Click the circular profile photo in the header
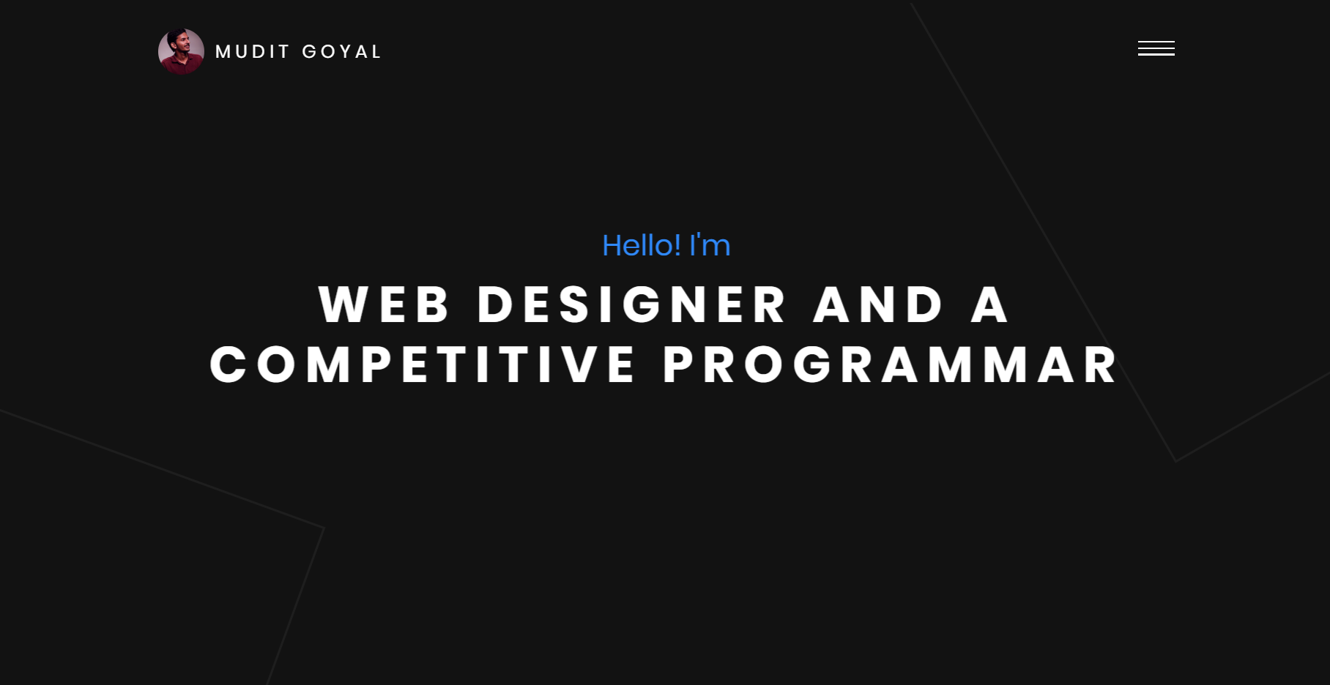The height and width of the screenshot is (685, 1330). click(181, 51)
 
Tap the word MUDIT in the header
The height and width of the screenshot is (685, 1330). click(253, 52)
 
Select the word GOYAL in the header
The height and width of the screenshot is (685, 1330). click(341, 52)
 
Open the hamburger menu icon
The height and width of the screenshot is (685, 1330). click(1156, 48)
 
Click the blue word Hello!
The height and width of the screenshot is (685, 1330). click(642, 246)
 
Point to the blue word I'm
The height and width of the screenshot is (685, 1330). click(710, 246)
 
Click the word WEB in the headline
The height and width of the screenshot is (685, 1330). click(384, 304)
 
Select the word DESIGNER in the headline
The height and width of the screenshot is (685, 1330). click(632, 304)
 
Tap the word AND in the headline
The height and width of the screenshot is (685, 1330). click(878, 304)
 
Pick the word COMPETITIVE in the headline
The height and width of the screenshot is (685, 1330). click(423, 365)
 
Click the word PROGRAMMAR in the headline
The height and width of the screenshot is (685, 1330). click(891, 365)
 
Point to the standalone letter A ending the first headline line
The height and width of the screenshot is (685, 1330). click(989, 304)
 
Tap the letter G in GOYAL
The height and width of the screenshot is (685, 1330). click(310, 52)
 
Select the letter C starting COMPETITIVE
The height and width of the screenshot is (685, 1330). click(228, 365)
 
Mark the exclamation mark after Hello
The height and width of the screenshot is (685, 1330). click(677, 246)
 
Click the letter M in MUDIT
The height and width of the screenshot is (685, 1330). click(223, 52)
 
